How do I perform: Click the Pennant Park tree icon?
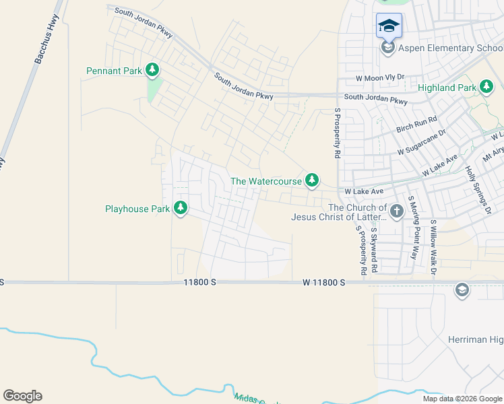[x=153, y=69]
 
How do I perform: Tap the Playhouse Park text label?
[x=137, y=209]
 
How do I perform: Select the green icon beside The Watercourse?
[x=311, y=180]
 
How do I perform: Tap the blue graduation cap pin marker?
[x=389, y=27]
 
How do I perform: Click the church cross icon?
[x=397, y=212]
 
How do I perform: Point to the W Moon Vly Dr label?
[x=380, y=78]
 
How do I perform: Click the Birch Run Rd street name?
[x=417, y=123]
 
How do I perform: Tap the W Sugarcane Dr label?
[x=422, y=142]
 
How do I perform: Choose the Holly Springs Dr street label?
[x=479, y=191]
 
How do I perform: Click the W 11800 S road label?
[x=323, y=283]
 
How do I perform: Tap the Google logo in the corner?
[x=23, y=396]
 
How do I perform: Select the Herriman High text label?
[x=475, y=339]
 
